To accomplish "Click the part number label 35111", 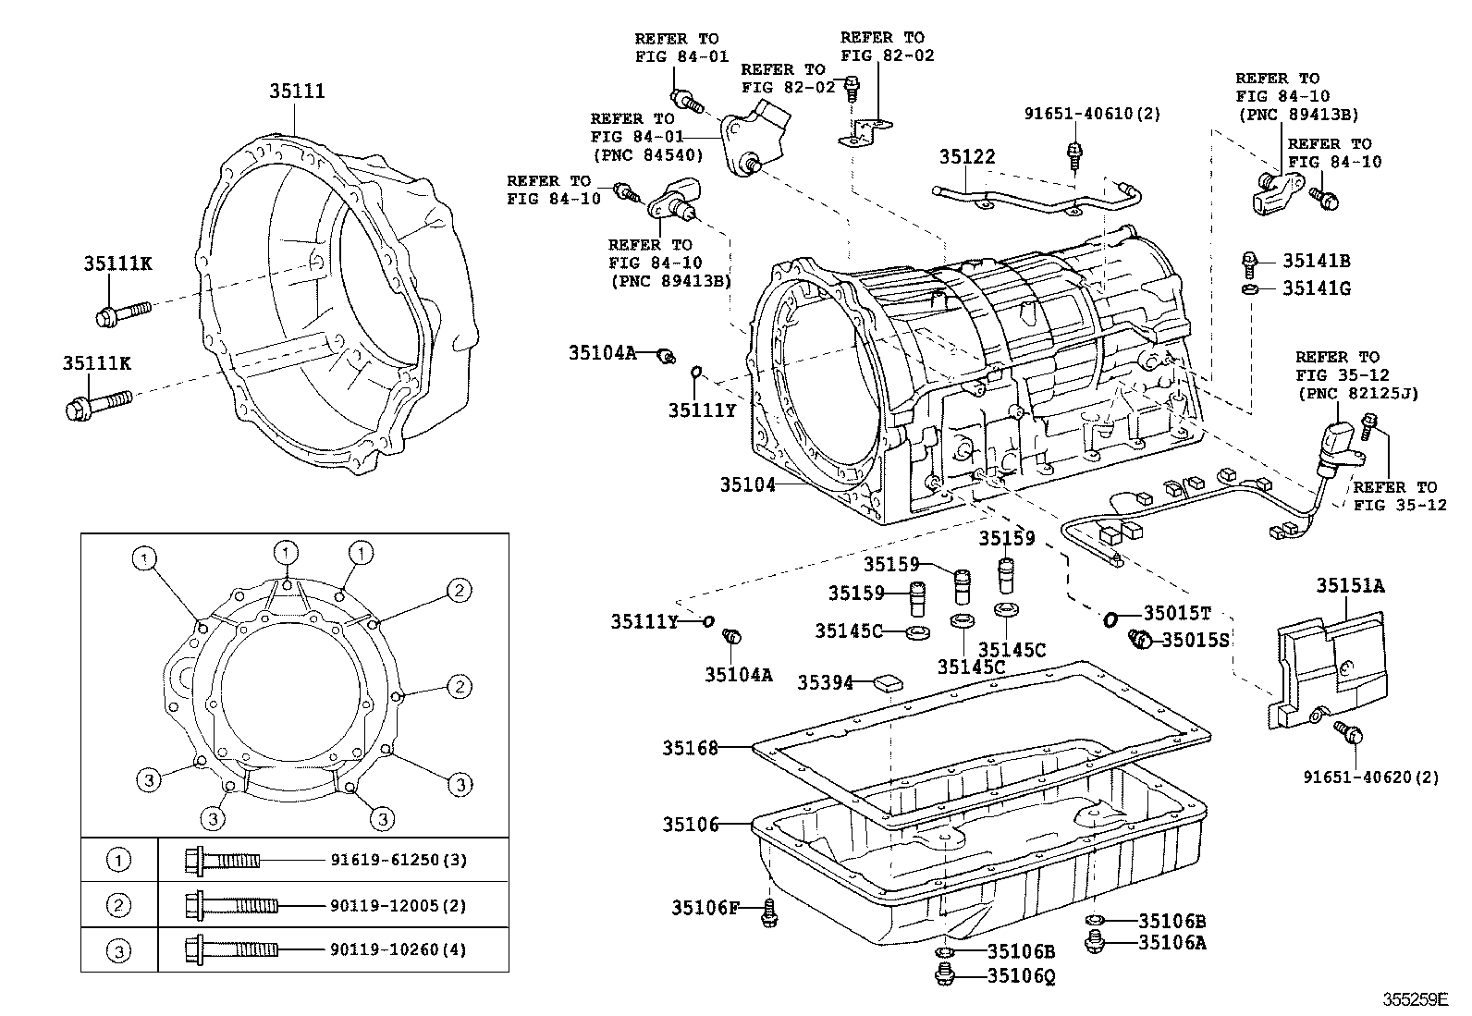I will coord(297,92).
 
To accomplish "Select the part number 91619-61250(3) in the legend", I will coord(399,860).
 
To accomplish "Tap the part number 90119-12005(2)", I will coord(399,905).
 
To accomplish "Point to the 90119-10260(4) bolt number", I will coord(399,949).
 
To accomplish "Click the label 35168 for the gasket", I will coord(690,747).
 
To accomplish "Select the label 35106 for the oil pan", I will coord(690,824).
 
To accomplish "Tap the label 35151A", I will coord(1351,585).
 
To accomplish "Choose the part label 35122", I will coord(967,157).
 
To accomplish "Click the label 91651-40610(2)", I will coord(1092,114).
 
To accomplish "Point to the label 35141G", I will coord(1316,288).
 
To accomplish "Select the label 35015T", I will coord(1177,613).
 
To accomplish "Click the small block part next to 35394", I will coord(888,683).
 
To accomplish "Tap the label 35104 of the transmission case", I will coord(748,484).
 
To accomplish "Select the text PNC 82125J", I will coord(1356,394).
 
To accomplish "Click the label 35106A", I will coord(1172,942).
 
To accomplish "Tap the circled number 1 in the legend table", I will coord(118,860).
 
